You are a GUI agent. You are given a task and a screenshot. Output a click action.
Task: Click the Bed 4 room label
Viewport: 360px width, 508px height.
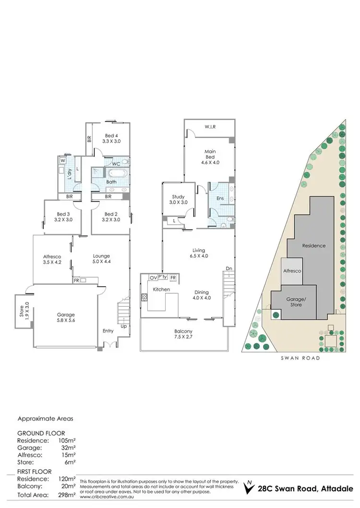(x=110, y=138)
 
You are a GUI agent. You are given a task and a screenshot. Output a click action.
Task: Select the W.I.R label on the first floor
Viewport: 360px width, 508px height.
(x=210, y=127)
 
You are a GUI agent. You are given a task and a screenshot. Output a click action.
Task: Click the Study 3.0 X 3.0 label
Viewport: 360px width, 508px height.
(x=179, y=200)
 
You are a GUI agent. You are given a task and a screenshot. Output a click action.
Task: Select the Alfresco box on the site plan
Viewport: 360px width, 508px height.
(x=291, y=271)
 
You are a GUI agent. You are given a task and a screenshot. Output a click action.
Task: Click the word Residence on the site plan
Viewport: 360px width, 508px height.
(x=313, y=245)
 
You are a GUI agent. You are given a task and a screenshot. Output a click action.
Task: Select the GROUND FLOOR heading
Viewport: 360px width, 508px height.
(x=41, y=433)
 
